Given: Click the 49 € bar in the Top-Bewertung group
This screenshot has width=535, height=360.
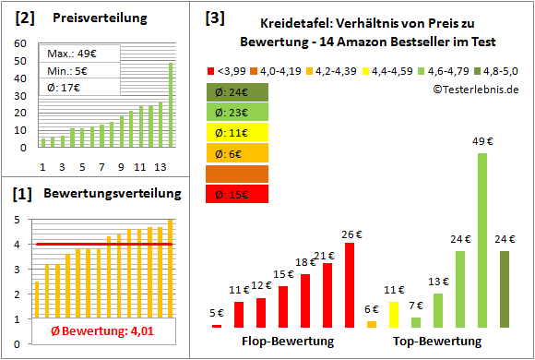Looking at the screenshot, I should (x=481, y=240).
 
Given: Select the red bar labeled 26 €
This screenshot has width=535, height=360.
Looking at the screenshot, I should (x=349, y=285).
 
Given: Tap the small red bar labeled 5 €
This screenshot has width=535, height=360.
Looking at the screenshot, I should (x=217, y=325).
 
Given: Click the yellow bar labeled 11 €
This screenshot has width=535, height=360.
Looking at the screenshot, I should (x=393, y=315).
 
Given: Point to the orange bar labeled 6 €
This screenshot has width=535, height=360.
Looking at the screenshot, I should (x=371, y=324).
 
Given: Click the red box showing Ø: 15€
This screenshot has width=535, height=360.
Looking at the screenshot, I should (x=237, y=194).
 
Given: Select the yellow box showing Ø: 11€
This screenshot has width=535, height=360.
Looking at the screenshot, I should (x=237, y=133).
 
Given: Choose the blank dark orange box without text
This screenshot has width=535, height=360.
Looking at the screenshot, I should (x=237, y=174).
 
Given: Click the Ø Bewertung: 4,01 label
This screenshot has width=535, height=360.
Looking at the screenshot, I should (x=90, y=331).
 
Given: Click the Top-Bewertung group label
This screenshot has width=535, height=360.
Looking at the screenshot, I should (x=438, y=342).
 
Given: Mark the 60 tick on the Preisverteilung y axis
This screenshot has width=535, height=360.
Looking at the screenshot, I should (x=19, y=42).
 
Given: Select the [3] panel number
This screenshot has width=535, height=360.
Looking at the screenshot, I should (x=215, y=16).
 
